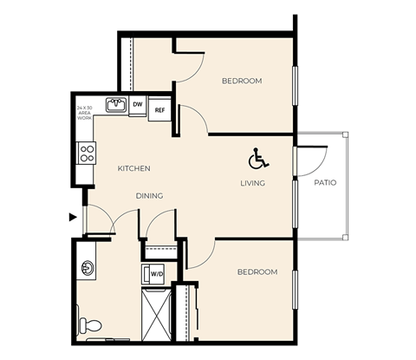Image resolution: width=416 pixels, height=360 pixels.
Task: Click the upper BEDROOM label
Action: click(242, 81)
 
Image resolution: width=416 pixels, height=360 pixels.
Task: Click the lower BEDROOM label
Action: click(257, 272)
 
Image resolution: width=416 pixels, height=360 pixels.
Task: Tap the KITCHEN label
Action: click(134, 168)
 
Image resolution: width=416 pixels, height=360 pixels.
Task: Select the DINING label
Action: click(149, 196)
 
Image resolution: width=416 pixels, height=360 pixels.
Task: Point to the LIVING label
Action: click(253, 183)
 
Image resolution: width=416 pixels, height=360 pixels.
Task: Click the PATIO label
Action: click(325, 183)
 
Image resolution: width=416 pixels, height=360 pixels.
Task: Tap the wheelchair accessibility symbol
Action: click(258, 159)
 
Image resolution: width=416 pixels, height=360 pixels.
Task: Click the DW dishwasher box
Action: click(138, 105)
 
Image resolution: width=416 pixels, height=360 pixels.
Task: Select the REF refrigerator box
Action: click(159, 110)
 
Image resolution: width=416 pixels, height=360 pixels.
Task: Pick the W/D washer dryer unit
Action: click(157, 274)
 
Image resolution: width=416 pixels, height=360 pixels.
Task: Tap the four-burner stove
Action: click(87, 154)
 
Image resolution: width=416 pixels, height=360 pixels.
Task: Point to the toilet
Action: click(90, 325)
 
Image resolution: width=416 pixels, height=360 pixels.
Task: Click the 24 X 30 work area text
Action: click(84, 112)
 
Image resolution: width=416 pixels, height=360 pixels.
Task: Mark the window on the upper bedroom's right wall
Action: click(296, 86)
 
